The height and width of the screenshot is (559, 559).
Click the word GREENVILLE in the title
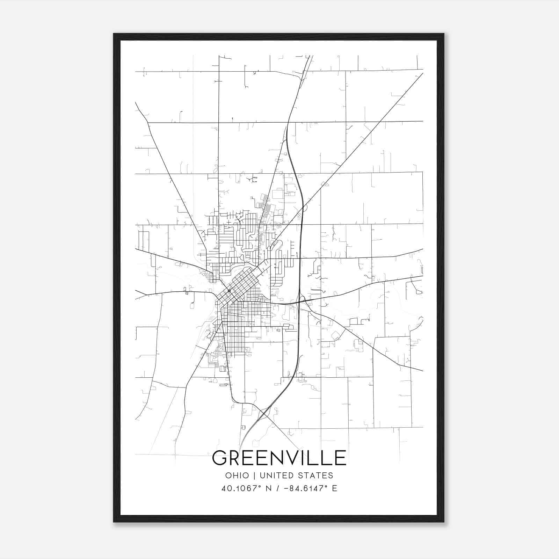coord(279,458)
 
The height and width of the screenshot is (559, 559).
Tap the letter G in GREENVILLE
coord(220,458)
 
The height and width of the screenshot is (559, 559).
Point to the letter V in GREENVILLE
coord(295,458)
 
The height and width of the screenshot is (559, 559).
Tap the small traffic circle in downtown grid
coord(229,291)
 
